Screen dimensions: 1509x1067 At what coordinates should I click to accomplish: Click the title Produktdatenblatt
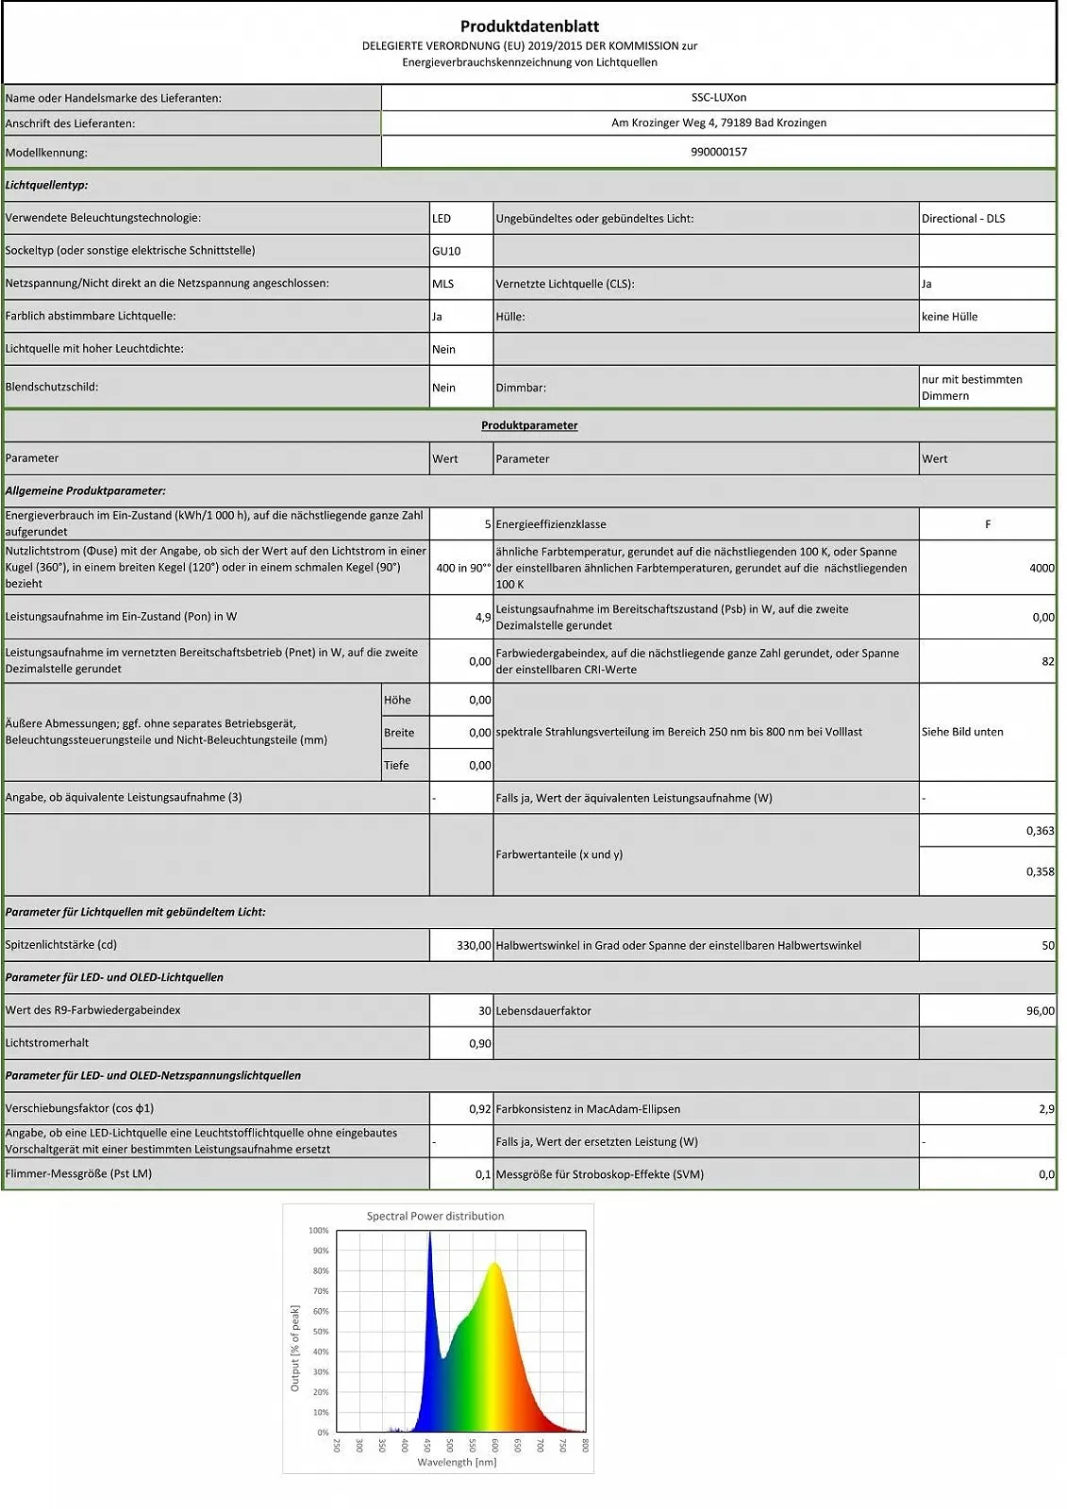click(529, 26)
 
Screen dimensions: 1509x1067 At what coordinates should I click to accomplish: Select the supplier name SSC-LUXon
click(718, 97)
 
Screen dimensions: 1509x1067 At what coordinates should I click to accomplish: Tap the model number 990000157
click(718, 152)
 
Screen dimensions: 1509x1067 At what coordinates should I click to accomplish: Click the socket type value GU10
click(446, 251)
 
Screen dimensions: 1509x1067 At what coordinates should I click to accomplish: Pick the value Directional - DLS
click(962, 219)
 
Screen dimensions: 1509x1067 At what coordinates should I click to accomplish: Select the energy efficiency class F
click(987, 524)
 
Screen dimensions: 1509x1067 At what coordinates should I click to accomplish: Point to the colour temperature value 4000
click(1041, 568)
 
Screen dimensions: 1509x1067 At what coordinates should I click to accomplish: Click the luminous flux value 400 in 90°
click(462, 568)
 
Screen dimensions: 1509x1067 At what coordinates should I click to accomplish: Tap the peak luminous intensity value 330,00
click(473, 945)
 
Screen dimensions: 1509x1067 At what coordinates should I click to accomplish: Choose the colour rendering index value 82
click(1047, 661)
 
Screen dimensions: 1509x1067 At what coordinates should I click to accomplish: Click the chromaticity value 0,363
click(1040, 831)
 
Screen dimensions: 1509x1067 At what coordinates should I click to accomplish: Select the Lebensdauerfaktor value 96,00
click(1040, 1011)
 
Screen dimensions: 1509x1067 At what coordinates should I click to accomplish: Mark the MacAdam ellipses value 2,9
click(1045, 1109)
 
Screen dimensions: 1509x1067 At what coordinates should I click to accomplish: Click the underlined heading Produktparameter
click(529, 425)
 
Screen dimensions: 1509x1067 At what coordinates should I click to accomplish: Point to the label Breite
click(399, 733)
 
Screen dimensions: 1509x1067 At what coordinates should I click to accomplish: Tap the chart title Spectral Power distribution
click(435, 1217)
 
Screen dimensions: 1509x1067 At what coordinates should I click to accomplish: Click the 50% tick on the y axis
click(320, 1332)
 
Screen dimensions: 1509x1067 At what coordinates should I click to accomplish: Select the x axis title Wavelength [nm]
click(457, 1463)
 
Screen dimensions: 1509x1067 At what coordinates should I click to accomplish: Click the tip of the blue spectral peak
click(429, 1234)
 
